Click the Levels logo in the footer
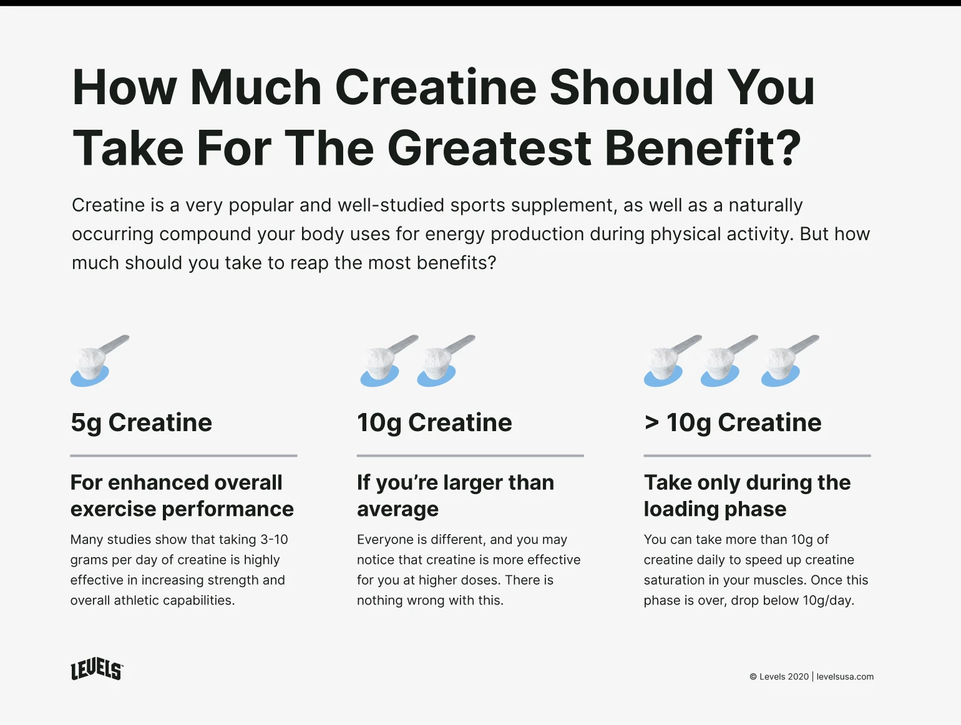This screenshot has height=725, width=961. point(97,669)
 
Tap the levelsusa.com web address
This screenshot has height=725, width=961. point(845,676)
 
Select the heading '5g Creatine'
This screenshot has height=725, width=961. point(142,423)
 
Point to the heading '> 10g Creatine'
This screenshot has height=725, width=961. point(733,423)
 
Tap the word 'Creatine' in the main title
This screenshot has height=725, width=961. point(436,87)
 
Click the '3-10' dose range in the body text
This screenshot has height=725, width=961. point(274,539)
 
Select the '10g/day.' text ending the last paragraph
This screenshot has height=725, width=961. point(828,600)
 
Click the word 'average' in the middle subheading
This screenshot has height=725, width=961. point(398,509)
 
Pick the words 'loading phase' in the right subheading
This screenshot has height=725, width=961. point(715,509)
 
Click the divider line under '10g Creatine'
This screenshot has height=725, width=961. point(471,455)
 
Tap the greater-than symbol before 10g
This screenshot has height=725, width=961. point(652,422)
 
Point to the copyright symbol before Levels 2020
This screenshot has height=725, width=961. point(753,676)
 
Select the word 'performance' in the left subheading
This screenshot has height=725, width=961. point(228,509)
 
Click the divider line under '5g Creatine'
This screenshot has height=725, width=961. point(183,455)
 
